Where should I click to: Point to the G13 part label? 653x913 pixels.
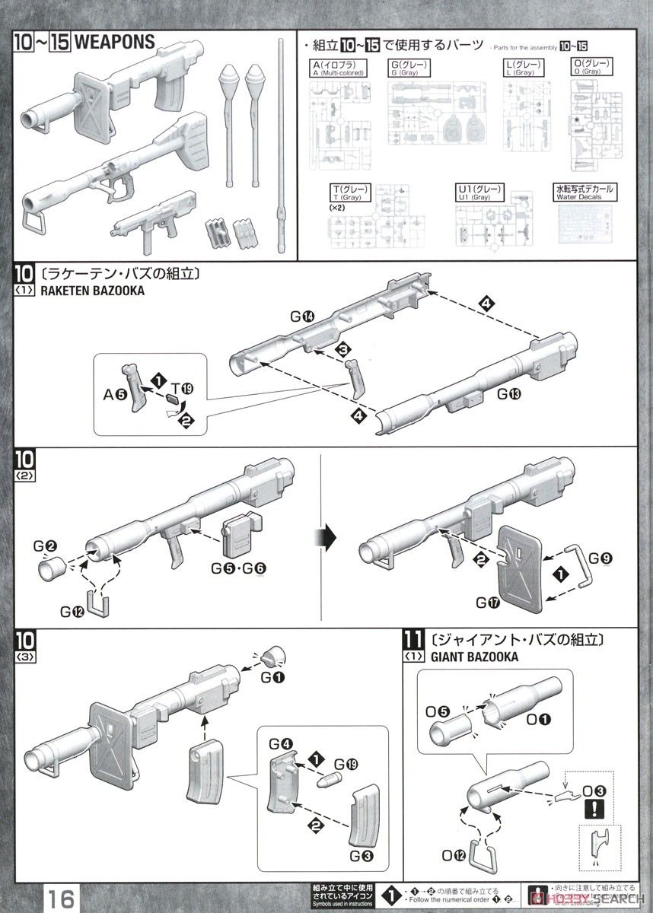[511, 395]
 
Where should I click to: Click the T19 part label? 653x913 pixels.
[183, 389]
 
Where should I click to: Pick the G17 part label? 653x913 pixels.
[489, 603]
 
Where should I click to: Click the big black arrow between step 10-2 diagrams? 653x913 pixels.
[326, 536]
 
